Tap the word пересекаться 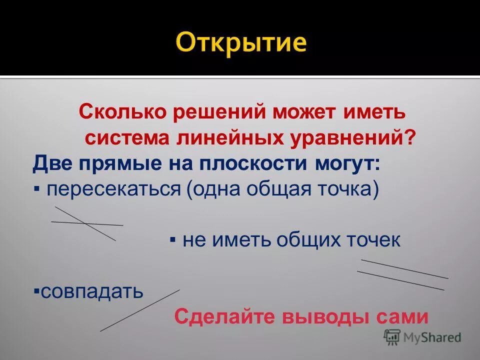pyautogui.click(x=114, y=190)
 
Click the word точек pyautogui.click(x=369, y=240)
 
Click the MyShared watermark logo pyautogui.click(x=422, y=338)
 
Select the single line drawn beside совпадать pyautogui.click(x=139, y=310)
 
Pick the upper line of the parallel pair pyautogui.click(x=404, y=269)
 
